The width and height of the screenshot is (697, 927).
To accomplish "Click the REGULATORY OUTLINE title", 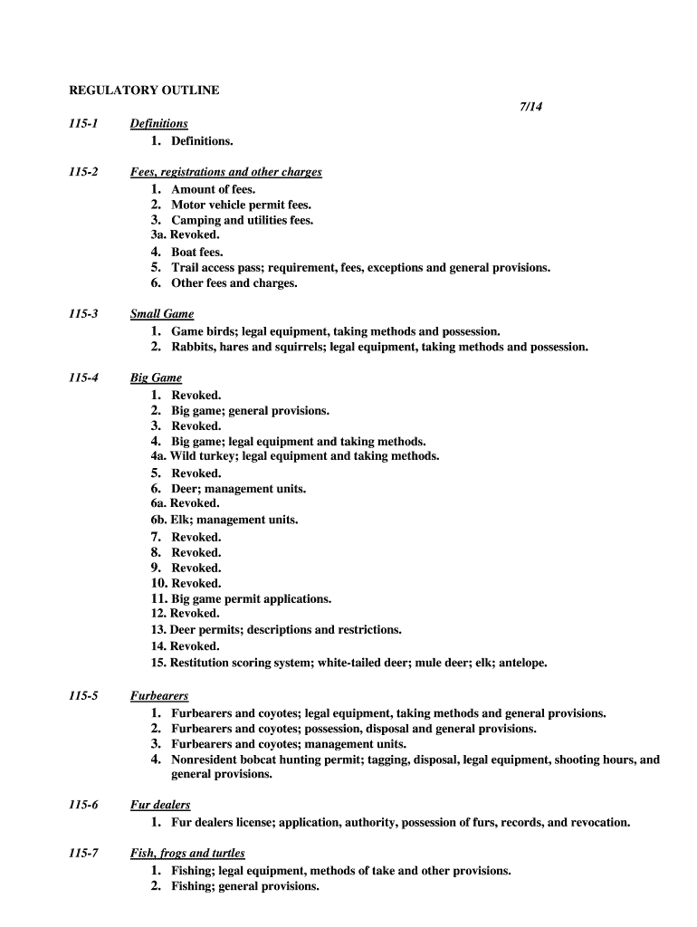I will click(145, 91).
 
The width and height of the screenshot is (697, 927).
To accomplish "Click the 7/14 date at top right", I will click(530, 108).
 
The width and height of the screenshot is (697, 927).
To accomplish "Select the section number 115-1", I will click(84, 123).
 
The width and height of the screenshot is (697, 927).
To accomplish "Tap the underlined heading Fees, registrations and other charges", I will click(225, 172).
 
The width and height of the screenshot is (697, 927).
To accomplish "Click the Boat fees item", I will click(196, 252).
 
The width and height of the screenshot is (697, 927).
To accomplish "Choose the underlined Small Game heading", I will click(162, 314).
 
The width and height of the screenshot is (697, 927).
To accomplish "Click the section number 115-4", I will click(84, 377).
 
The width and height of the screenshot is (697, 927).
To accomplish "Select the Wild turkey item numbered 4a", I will click(295, 456).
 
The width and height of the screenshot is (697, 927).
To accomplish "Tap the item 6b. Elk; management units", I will click(224, 520).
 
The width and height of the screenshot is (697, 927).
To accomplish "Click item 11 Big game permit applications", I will click(241, 599).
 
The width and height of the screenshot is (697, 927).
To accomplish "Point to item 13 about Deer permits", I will click(276, 630).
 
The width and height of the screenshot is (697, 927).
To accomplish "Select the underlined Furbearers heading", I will click(159, 696).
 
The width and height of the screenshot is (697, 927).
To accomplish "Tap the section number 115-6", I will click(84, 805).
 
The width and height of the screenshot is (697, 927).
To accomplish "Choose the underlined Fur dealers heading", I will click(160, 805).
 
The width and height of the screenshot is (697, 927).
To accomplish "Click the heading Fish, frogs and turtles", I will click(187, 854).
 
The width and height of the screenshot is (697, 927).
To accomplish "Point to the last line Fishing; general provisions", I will click(244, 886).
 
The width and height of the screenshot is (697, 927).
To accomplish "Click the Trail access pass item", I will click(360, 268).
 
